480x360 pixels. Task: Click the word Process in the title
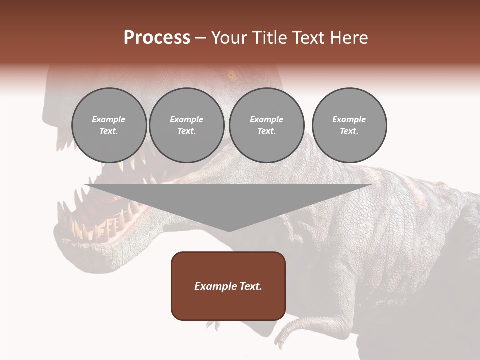click(157, 38)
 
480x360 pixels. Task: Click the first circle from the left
click(109, 125)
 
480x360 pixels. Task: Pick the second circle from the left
click(187, 125)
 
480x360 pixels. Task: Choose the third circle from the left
click(267, 125)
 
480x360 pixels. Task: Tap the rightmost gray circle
click(349, 125)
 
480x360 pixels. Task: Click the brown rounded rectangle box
click(228, 286)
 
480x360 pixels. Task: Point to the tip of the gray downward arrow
click(228, 231)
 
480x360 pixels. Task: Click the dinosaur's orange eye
click(232, 76)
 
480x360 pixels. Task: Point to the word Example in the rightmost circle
click(349, 119)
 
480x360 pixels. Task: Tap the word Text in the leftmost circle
click(108, 131)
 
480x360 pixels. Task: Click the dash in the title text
click(201, 38)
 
